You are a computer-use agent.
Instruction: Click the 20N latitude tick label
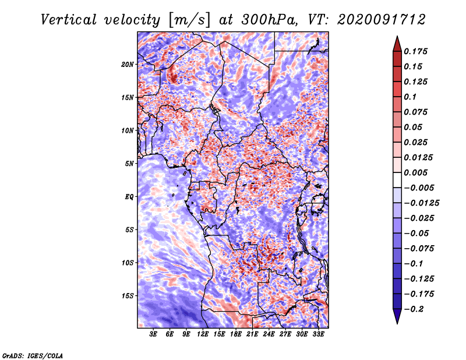point(128,65)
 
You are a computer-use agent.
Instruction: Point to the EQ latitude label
point(129,197)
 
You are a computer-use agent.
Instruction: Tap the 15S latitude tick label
point(128,296)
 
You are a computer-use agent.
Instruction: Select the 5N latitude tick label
point(129,164)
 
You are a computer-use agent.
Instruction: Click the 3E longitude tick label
point(153,334)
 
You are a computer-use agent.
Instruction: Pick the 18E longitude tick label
point(236,334)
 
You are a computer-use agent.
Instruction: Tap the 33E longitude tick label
point(318,334)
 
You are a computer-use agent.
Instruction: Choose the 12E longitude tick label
point(203,334)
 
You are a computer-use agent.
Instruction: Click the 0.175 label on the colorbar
point(415,51)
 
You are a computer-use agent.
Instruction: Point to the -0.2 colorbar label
point(414,309)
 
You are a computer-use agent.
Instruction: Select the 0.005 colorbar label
point(415,172)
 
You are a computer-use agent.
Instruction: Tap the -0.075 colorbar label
point(419,249)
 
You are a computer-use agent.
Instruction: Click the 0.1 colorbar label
point(410,97)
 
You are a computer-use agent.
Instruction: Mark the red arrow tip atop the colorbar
point(397,36)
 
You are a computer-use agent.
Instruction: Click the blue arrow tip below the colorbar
point(397,323)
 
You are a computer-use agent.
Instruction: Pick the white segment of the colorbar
point(397,180)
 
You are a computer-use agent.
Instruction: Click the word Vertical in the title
point(69,20)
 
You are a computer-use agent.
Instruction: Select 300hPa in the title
point(269,20)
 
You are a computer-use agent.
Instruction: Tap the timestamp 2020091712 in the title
point(382,20)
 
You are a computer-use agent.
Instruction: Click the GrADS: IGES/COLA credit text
point(33,355)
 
